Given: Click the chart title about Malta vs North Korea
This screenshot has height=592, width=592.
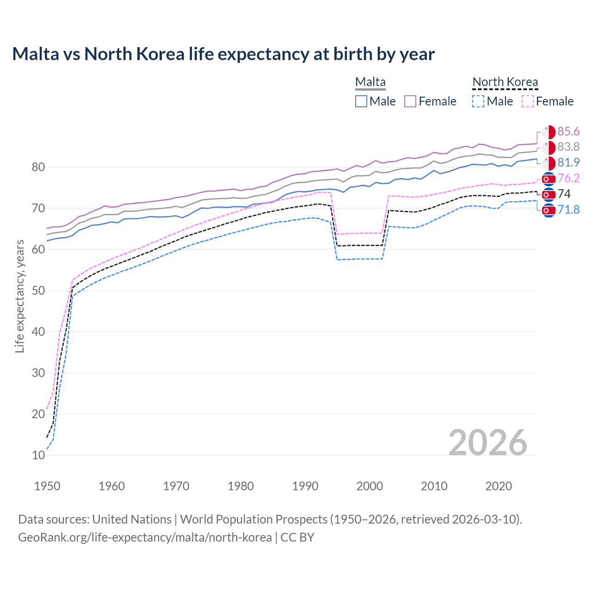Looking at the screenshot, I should pos(223,54).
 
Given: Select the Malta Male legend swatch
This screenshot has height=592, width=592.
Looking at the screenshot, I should pos(361,101).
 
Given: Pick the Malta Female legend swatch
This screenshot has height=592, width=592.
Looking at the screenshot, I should pos(410,101).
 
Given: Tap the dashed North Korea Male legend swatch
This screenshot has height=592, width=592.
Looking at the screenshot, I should pos(478,101).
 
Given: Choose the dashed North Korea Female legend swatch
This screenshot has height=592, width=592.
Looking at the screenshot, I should pos(528,101).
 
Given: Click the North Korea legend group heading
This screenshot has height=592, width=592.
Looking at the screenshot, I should pos(505,82).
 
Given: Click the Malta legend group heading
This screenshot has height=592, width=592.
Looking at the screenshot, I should pos(370,82).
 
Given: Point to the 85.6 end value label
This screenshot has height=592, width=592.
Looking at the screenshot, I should pos(568,132).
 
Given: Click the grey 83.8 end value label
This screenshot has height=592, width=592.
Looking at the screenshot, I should pos(568,147).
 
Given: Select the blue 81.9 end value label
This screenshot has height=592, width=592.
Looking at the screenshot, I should pos(568,162).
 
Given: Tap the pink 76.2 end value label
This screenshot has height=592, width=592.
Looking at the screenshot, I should pos(568,178).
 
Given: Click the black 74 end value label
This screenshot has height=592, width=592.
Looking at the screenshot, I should pos(564,194).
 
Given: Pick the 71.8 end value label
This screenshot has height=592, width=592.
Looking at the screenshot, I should pos(568,210).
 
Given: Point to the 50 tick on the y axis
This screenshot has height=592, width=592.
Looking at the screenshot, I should pos(38,290).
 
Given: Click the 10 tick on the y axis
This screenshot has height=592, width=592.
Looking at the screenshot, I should pos(38,455).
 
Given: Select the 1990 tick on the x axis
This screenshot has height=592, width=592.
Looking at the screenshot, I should pos(305,486).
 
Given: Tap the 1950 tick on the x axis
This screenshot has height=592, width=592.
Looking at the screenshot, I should pos(47,486).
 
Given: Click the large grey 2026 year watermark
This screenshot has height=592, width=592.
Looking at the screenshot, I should pos(488,443).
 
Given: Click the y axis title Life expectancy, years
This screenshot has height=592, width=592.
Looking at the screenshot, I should pos(19,296).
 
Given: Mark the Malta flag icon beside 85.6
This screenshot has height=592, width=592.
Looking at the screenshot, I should pos(549,132).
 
